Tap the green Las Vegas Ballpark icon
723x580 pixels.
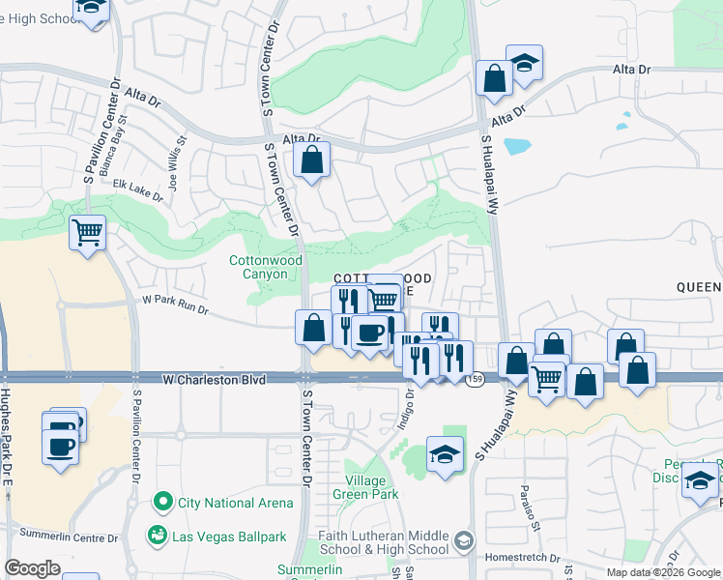pyautogui.click(x=156, y=534)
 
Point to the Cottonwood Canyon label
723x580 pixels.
pyautogui.click(x=266, y=267)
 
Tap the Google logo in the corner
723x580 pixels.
pyautogui.click(x=33, y=567)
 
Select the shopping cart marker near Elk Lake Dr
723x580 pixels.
pyautogui.click(x=88, y=233)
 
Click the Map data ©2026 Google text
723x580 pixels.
pyautogui.click(x=662, y=572)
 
